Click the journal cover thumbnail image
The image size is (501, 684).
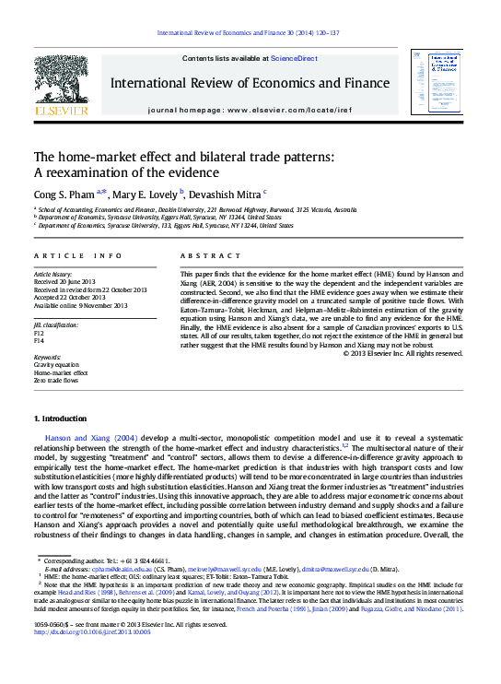pyautogui.click(x=436, y=82)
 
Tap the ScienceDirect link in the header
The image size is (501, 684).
pyautogui.click(x=295, y=59)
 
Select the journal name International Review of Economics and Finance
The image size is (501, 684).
pyautogui.click(x=250, y=83)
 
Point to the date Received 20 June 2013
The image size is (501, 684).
pyautogui.click(x=71, y=281)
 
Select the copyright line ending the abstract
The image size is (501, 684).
pyautogui.click(x=403, y=352)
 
